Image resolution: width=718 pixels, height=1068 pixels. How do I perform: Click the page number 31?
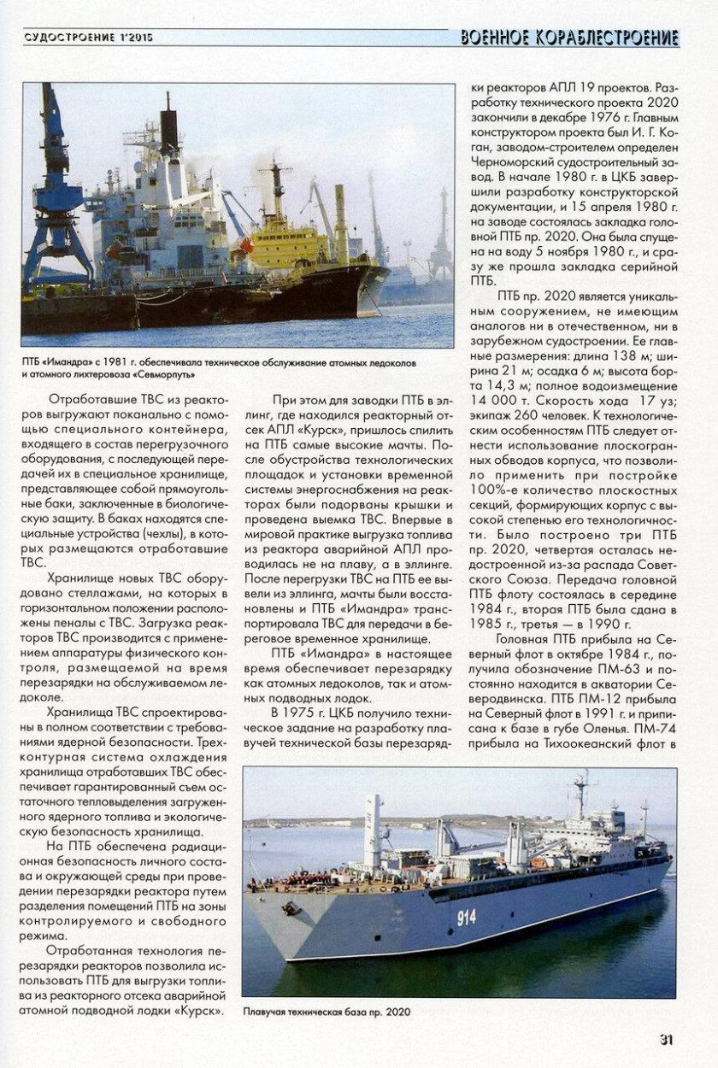pos(667,1039)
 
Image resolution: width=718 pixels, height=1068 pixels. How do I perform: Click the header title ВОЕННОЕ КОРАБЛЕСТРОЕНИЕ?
pos(569,38)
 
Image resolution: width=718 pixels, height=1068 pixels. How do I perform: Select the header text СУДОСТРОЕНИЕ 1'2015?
pos(82,38)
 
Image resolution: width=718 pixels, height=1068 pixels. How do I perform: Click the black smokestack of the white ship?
pos(169,128)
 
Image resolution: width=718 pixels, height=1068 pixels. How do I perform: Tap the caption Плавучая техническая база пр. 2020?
pos(327,1012)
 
